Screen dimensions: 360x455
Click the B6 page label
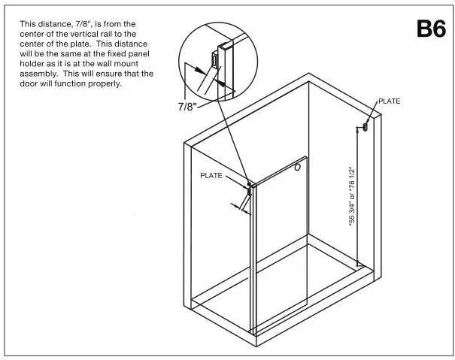(430, 29)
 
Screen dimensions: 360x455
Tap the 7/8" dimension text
(187, 107)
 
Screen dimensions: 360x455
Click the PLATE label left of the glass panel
(211, 175)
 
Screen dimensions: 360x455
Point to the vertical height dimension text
(350, 197)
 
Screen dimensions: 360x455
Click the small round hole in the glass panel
(298, 168)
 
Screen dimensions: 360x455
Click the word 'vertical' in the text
(71, 34)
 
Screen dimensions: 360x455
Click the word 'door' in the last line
(29, 83)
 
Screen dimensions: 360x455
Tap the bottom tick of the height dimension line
(359, 264)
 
